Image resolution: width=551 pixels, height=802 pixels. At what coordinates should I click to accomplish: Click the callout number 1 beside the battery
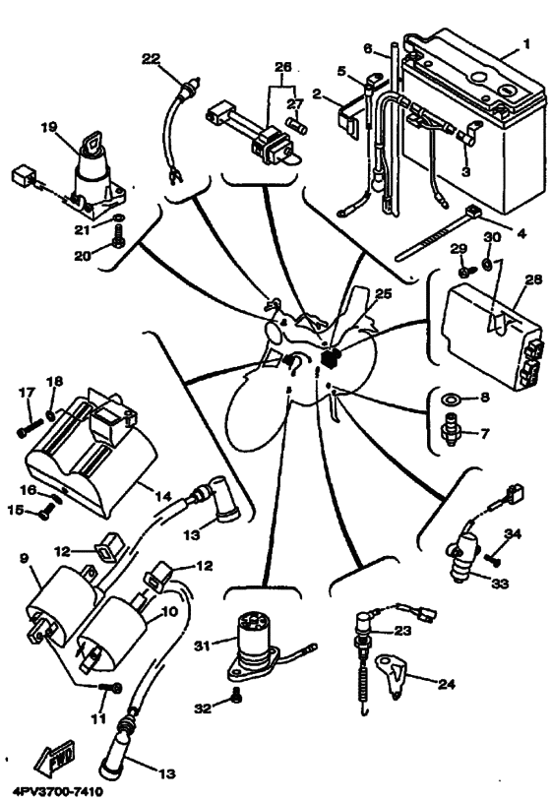coord(526,46)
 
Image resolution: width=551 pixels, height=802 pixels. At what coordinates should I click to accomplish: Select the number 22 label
coord(150,59)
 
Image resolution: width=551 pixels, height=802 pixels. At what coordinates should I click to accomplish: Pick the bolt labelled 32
coord(234,697)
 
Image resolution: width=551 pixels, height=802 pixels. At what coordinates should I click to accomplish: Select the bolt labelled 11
coord(114,686)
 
